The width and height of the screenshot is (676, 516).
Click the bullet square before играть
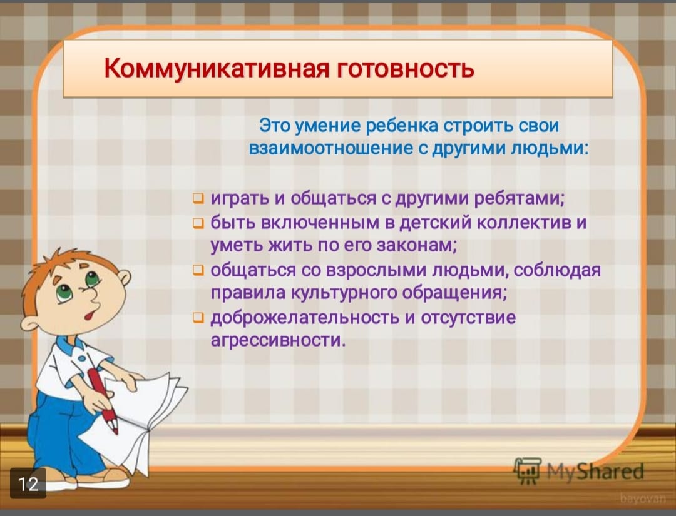[198, 198]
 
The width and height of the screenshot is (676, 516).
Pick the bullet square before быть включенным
[198, 223]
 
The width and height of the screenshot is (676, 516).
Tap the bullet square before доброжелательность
[198, 318]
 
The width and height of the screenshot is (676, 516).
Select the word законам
[416, 246]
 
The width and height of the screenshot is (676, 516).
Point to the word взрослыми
[376, 270]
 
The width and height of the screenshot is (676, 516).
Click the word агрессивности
[278, 341]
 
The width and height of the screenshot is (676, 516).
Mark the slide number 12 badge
[28, 483]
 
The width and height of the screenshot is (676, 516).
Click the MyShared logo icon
[527, 470]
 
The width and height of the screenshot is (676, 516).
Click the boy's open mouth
[90, 315]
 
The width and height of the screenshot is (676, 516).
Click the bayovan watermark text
[642, 498]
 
